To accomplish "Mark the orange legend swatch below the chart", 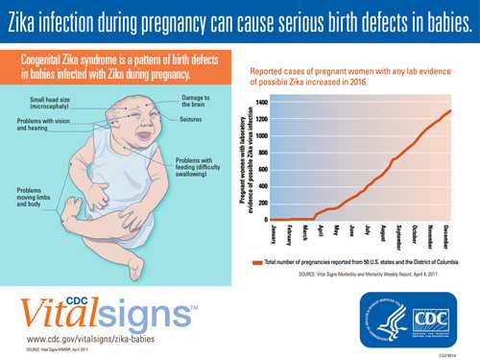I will [257, 262].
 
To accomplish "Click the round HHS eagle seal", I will [382, 317].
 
